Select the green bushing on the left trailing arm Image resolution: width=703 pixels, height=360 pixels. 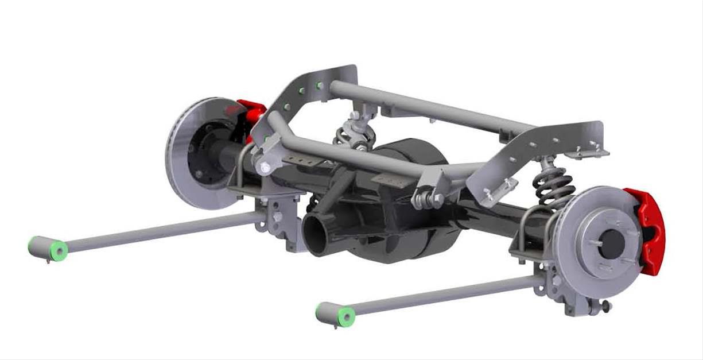tap(58, 250)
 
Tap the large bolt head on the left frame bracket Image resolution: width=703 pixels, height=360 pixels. tap(265, 168)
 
